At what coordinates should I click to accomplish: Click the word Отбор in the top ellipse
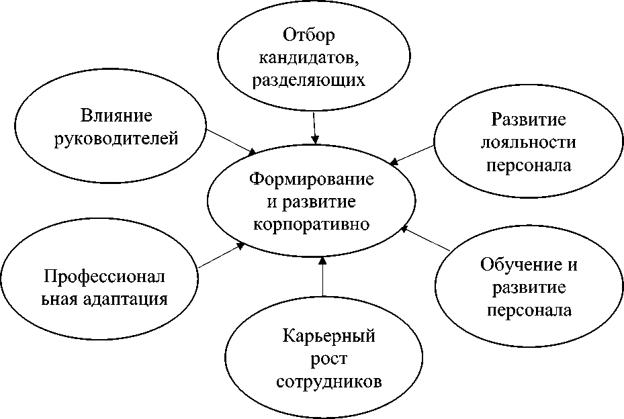click(x=309, y=34)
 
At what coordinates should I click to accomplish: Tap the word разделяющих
click(x=309, y=80)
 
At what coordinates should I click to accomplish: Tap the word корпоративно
click(x=311, y=224)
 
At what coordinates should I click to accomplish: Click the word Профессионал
click(x=113, y=275)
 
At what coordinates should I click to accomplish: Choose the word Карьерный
click(x=328, y=336)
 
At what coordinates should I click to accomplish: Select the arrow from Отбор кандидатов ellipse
click(x=314, y=126)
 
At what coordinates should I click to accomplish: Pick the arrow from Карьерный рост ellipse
click(x=322, y=277)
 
